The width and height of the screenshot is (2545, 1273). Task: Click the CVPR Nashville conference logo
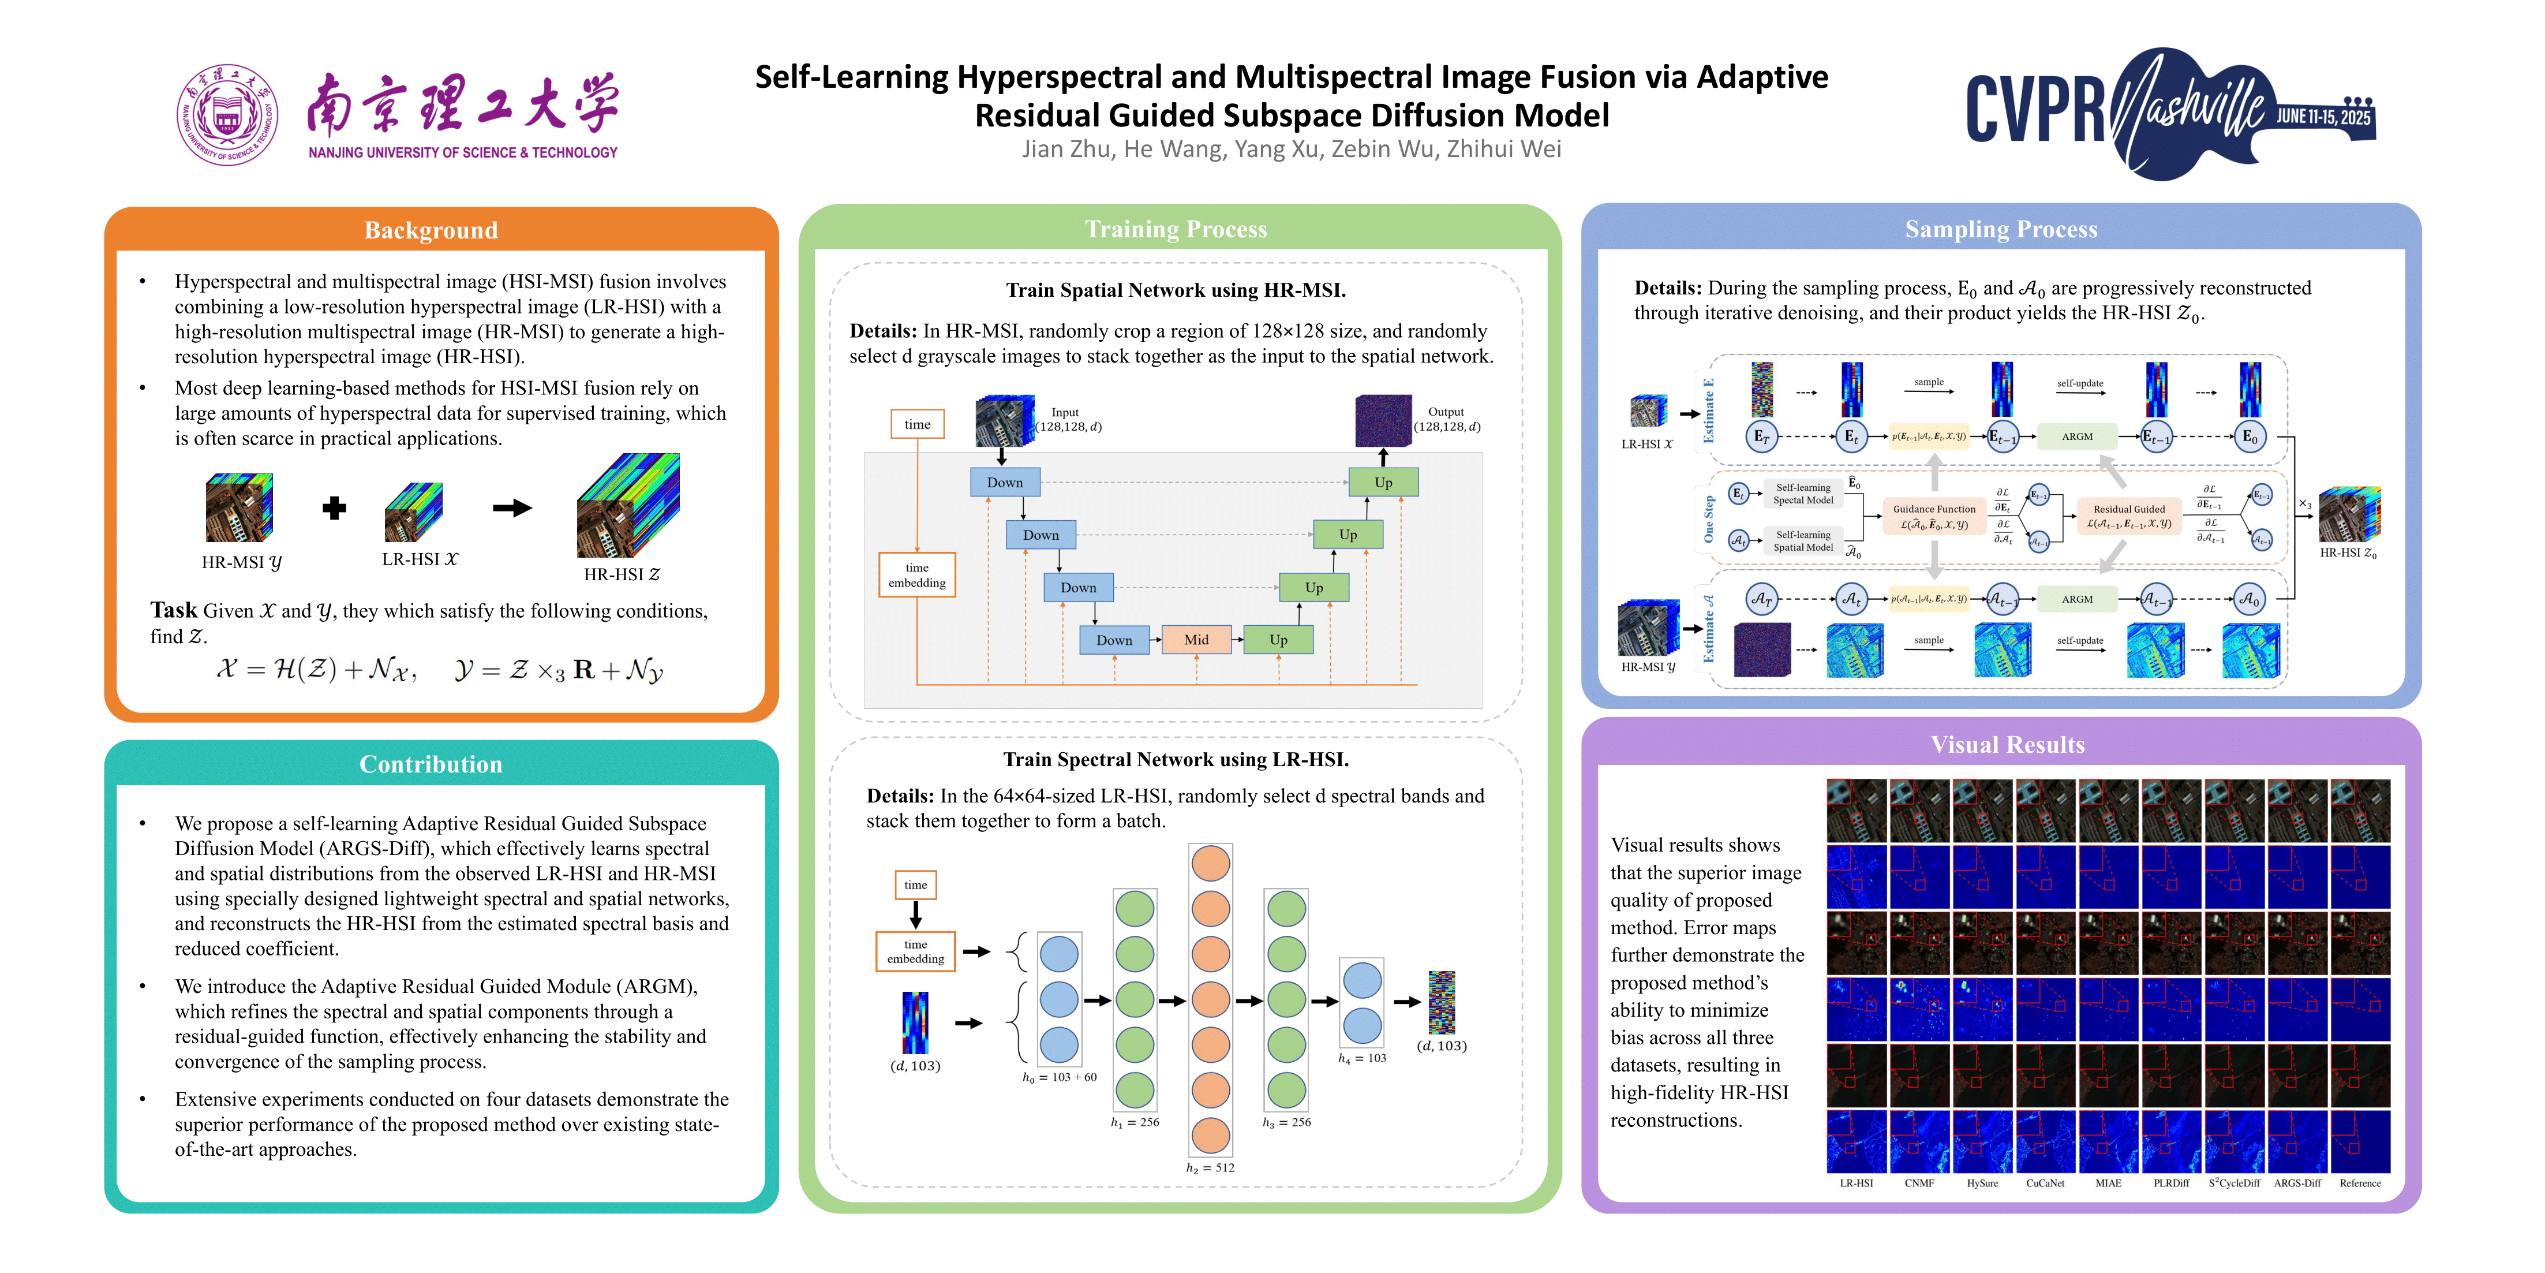[x=2169, y=114]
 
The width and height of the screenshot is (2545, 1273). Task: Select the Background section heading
[x=431, y=230]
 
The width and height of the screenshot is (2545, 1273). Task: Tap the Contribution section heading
[x=431, y=764]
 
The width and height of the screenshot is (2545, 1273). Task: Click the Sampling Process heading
[x=2001, y=229]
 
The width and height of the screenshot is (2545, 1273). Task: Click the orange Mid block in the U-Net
[x=1195, y=640]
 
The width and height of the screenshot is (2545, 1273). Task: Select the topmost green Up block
[x=1382, y=482]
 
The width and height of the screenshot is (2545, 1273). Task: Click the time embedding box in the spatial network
[x=917, y=575]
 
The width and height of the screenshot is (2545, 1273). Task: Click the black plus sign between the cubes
[x=334, y=508]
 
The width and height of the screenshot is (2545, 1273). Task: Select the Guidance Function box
[x=1933, y=517]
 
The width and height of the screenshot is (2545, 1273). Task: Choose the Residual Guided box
[x=2128, y=517]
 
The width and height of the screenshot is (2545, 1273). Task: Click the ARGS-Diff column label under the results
[x=2297, y=1183]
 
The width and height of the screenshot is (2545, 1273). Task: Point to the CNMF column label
[x=1919, y=1183]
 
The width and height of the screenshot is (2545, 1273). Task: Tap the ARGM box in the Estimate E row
[x=2077, y=436]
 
